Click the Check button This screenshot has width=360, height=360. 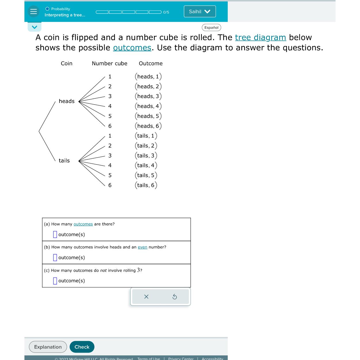tap(82, 347)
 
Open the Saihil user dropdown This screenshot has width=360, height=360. tap(200, 12)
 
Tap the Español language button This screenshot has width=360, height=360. tap(211, 28)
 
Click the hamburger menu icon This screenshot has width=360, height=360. tap(34, 12)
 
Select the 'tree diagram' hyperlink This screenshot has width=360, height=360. tap(261, 37)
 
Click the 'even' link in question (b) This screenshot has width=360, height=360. tap(142, 247)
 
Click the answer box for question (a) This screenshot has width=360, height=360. tap(55, 234)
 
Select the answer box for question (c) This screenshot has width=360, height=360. tap(55, 281)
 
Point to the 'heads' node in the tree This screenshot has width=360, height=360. tap(66, 101)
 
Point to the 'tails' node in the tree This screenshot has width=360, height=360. tap(64, 160)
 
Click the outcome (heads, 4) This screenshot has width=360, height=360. tap(148, 106)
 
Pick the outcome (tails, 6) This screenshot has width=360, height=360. tap(146, 185)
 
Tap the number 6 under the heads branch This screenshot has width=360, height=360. tap(110, 126)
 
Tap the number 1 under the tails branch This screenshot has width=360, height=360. tap(110, 136)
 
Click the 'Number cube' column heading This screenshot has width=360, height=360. tap(109, 64)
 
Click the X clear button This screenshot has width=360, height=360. tap(146, 296)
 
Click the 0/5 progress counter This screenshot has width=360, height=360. tap(166, 12)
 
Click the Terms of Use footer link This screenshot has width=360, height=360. tap(148, 358)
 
